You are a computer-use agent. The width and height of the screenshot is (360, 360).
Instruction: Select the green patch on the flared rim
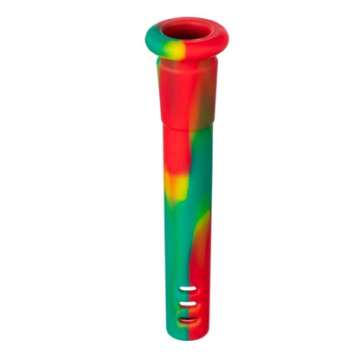152,39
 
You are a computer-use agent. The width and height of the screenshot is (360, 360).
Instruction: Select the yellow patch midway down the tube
172,183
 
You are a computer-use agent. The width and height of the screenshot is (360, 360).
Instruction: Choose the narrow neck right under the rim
183,67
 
